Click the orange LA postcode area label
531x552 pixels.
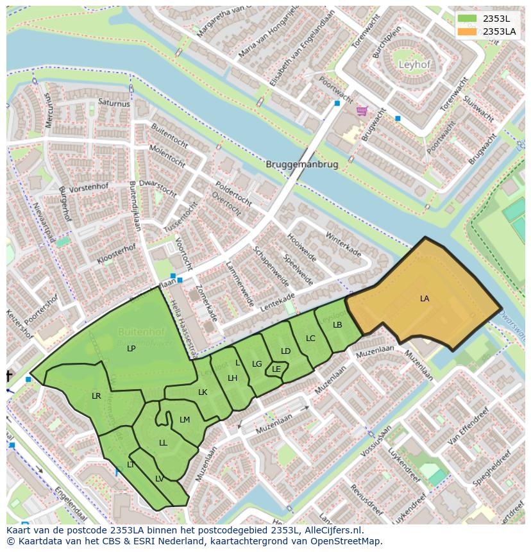coord(425,299)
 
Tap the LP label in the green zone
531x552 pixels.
coord(131,349)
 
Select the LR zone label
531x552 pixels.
coord(96,396)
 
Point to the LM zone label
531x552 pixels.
coord(185,420)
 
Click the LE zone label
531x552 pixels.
coord(276,369)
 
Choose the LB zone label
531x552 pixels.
coord(338,325)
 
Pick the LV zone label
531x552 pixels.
coord(159,478)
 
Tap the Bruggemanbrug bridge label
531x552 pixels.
coord(301,164)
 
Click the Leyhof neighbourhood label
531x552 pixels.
coord(414,65)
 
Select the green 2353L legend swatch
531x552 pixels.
coord(468,18)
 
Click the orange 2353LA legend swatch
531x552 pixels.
coord(468,31)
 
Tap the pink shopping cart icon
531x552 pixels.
coord(362,110)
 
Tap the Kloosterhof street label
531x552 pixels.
coord(117,254)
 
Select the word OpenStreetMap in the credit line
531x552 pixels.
coord(348,541)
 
